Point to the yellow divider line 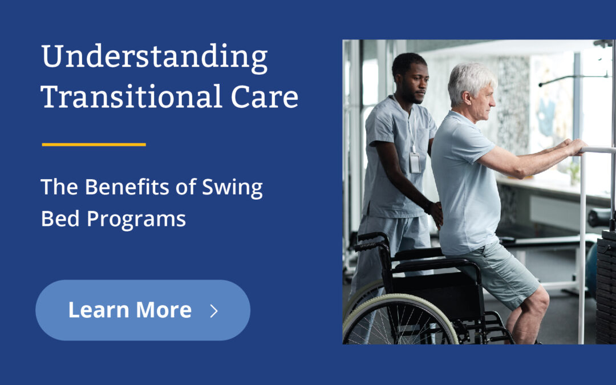coord(94,144)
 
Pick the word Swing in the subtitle coord(233,189)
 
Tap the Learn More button coord(143,310)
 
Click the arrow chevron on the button coord(214,311)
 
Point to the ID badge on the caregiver coord(415,163)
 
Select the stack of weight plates coord(606,285)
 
